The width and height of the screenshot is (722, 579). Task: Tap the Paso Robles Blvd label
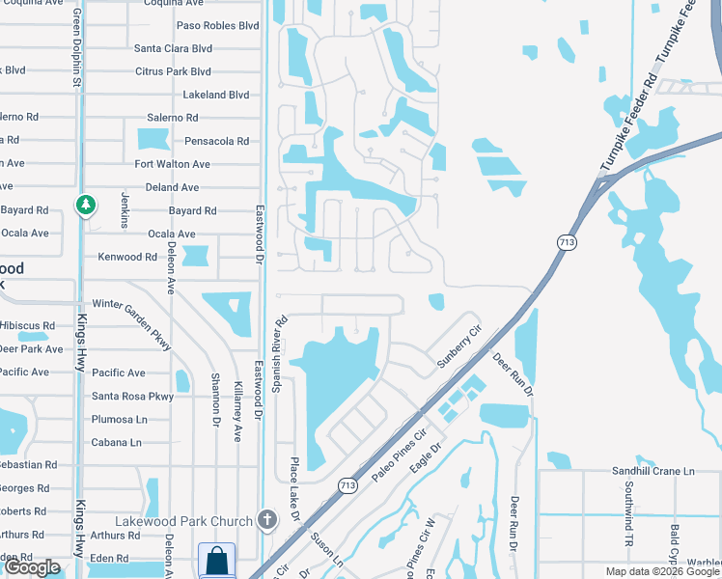click(x=217, y=25)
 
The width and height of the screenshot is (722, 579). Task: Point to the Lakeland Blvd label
click(x=216, y=95)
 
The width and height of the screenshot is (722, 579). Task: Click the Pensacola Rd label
click(x=216, y=141)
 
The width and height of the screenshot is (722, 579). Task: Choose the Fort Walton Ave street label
click(x=172, y=164)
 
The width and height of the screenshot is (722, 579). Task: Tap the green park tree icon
click(x=86, y=205)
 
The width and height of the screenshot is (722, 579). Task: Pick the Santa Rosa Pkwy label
click(x=132, y=396)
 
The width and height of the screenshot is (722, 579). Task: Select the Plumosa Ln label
click(x=119, y=419)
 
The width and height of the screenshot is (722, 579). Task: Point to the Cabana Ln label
click(x=116, y=442)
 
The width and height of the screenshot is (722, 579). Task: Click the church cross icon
click(x=267, y=520)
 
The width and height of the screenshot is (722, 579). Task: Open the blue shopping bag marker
click(x=217, y=561)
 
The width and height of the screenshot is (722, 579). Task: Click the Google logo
click(x=33, y=567)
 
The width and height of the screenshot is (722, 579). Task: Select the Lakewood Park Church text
click(x=183, y=521)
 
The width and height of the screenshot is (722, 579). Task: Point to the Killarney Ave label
click(x=238, y=411)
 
